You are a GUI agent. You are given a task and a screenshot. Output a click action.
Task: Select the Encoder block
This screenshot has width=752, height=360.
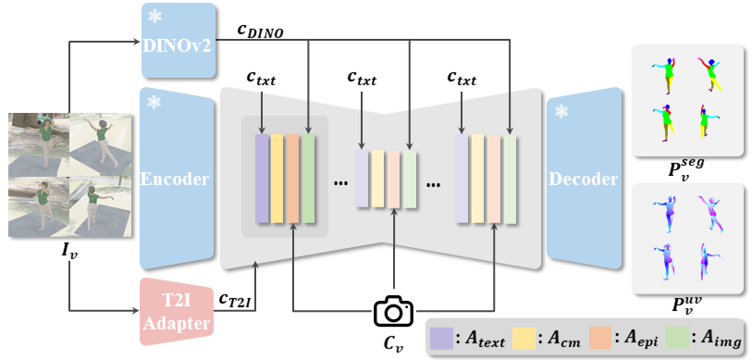tap(176, 178)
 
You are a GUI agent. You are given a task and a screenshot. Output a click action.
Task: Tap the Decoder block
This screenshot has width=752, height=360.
tap(584, 178)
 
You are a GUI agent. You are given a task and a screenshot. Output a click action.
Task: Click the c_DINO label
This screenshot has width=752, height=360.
tap(260, 31)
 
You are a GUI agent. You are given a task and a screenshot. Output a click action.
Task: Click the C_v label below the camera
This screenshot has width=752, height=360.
tap(395, 342)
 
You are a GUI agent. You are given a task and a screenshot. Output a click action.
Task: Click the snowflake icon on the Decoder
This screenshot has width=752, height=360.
tap(561, 112)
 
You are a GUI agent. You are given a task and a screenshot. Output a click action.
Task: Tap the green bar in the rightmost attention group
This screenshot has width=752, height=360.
tap(510, 178)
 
